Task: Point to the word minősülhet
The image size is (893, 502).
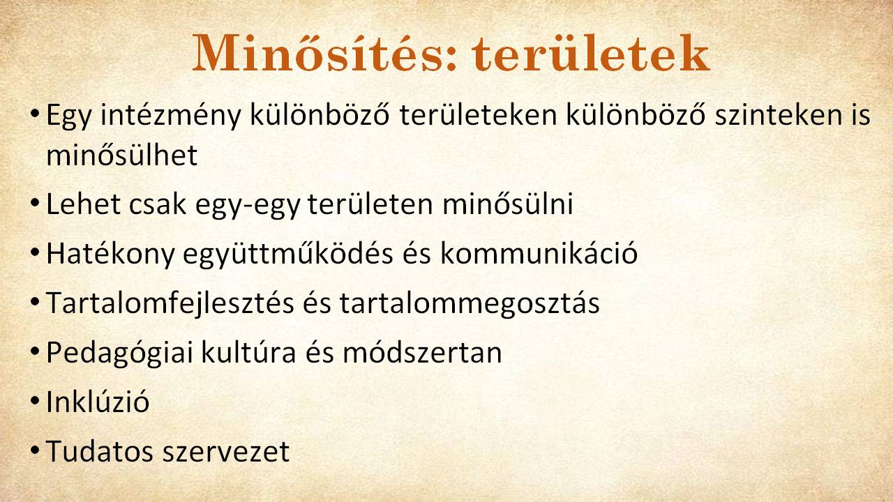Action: (122, 155)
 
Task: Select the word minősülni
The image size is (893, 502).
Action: (507, 204)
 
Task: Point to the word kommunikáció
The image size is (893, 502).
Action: (539, 253)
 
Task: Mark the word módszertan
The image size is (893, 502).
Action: (422, 352)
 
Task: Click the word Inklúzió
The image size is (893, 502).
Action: (98, 401)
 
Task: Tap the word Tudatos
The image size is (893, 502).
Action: (100, 451)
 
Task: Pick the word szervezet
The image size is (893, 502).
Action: (226, 452)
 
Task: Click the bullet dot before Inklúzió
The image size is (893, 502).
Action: (35, 400)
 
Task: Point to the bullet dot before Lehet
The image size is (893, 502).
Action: (35, 203)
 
